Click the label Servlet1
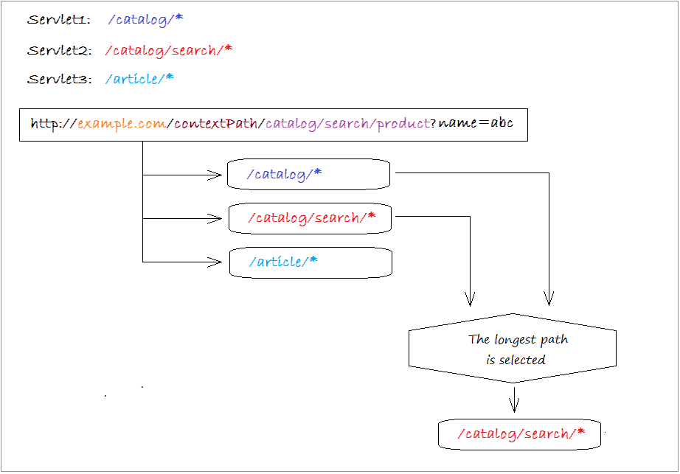tap(58, 20)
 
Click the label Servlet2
tap(59, 51)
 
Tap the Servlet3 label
tap(59, 80)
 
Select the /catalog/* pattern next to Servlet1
tap(145, 20)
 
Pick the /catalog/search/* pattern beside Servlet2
tap(169, 51)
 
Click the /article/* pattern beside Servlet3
tap(139, 79)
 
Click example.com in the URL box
tap(122, 124)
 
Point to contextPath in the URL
tap(215, 124)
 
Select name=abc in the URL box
tap(476, 123)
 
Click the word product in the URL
tap(403, 124)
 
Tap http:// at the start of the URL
tap(53, 124)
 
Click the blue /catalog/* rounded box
tap(308, 175)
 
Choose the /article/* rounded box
tap(310, 262)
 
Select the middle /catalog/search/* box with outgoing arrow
tap(310, 218)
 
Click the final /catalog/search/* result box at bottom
tap(519, 434)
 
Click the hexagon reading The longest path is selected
tap(513, 349)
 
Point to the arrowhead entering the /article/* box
tap(216, 262)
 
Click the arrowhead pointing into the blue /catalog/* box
tap(216, 175)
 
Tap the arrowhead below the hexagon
tap(514, 405)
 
